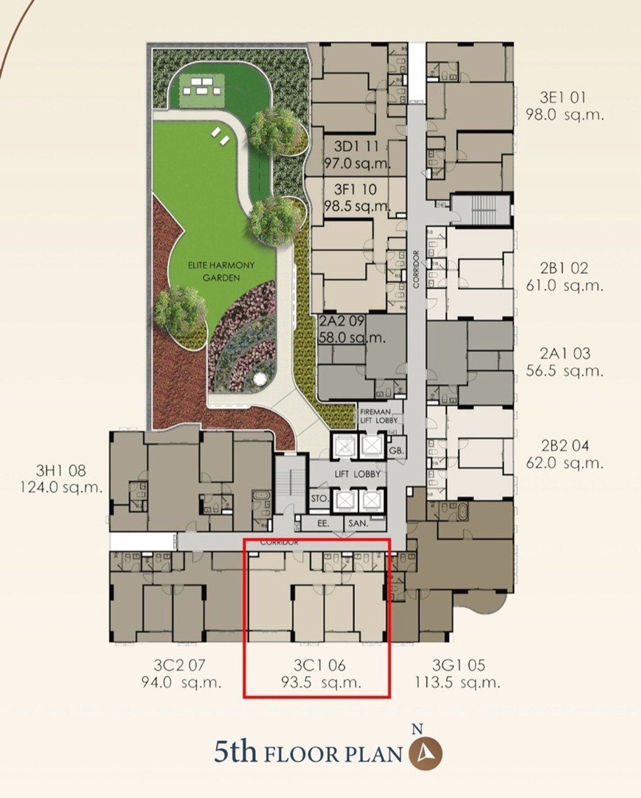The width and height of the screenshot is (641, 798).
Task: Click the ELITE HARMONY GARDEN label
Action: (x=221, y=272)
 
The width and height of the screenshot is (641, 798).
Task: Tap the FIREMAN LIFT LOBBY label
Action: (x=379, y=416)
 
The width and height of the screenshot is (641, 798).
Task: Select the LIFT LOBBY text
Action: (x=357, y=474)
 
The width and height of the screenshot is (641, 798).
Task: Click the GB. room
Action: (x=396, y=452)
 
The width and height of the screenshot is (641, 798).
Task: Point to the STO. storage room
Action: (x=319, y=499)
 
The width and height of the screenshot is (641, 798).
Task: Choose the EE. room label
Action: (x=323, y=523)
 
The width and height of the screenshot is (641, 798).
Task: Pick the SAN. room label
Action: (x=358, y=524)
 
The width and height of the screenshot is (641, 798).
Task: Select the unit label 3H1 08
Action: (x=61, y=470)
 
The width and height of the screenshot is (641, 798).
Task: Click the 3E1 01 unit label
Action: (x=563, y=97)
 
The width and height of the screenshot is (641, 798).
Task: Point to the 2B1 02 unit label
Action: (x=564, y=268)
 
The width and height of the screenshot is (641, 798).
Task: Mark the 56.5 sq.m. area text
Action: (x=565, y=370)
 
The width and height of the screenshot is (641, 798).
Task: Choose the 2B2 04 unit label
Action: (x=565, y=445)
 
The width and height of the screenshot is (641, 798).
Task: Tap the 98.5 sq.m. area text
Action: (x=357, y=206)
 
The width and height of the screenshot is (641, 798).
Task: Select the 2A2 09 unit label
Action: (x=342, y=321)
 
